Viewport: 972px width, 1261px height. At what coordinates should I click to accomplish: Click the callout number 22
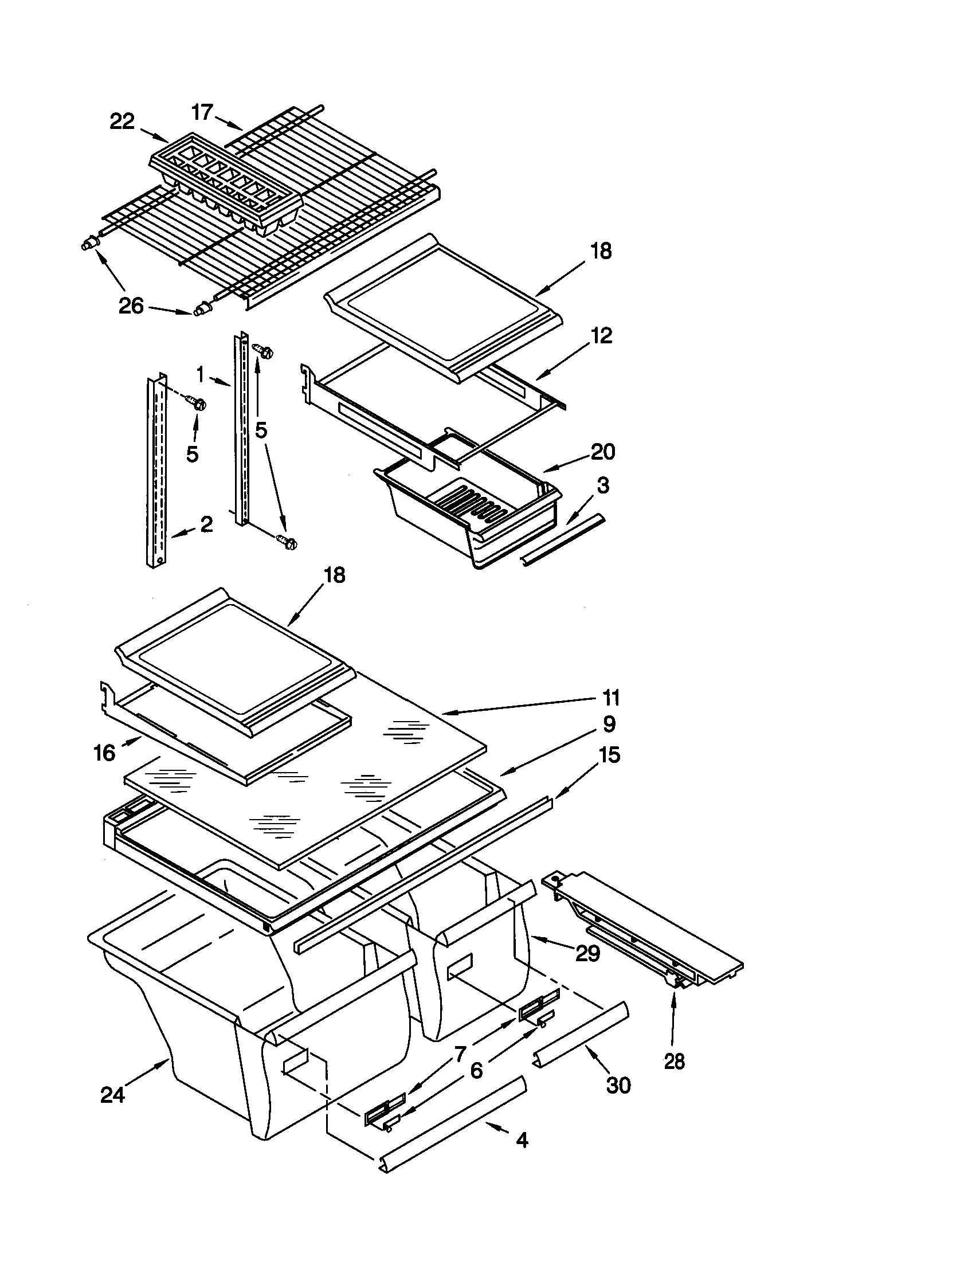click(x=122, y=122)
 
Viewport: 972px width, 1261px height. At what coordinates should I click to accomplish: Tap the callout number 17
click(x=202, y=112)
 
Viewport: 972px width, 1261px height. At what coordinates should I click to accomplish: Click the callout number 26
click(x=131, y=306)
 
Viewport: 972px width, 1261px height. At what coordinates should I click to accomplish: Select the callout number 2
click(x=206, y=524)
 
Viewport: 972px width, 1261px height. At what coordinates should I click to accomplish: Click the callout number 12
click(x=601, y=335)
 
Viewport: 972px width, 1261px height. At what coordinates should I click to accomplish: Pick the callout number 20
click(x=603, y=452)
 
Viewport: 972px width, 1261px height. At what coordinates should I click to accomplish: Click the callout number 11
click(x=612, y=698)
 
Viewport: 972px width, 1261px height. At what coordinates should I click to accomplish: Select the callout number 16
click(x=104, y=753)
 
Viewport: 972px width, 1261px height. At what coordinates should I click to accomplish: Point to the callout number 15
click(x=610, y=755)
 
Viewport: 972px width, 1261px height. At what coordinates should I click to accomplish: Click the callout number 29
click(x=587, y=953)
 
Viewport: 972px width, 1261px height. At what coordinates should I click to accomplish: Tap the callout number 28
click(x=674, y=1060)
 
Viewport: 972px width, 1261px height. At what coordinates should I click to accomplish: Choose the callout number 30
click(x=618, y=1086)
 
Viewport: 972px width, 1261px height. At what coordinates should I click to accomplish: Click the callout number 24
click(x=112, y=1095)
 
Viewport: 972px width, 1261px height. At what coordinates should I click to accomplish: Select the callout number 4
click(x=522, y=1139)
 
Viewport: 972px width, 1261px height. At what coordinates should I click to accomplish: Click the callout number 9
click(x=610, y=724)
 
